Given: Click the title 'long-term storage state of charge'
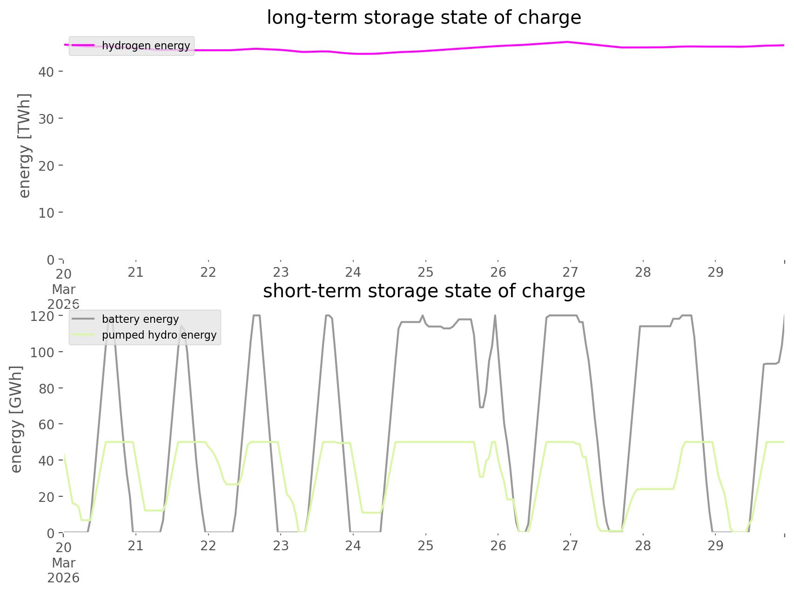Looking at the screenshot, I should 424,18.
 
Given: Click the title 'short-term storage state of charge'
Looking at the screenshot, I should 424,291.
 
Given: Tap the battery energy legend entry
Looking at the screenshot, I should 140,319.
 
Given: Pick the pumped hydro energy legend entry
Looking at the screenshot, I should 159,335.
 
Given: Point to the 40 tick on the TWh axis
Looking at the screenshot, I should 46,72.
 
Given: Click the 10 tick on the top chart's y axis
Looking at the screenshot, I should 46,213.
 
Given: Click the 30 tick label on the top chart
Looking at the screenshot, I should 46,119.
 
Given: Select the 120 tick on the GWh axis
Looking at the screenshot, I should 42,316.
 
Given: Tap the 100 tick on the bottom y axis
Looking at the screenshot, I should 42,352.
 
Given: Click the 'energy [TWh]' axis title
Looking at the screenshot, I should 25,146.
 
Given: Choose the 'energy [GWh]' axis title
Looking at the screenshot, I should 16,419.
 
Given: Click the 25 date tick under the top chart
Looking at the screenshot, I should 425,272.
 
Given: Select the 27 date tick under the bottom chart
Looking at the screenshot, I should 570,546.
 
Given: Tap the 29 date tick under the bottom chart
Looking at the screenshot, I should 715,546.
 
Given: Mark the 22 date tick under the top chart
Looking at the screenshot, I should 208,272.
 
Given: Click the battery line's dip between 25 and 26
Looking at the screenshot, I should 481,407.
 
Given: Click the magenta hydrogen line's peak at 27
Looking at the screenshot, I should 567,42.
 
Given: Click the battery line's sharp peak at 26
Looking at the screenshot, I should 495,316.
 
